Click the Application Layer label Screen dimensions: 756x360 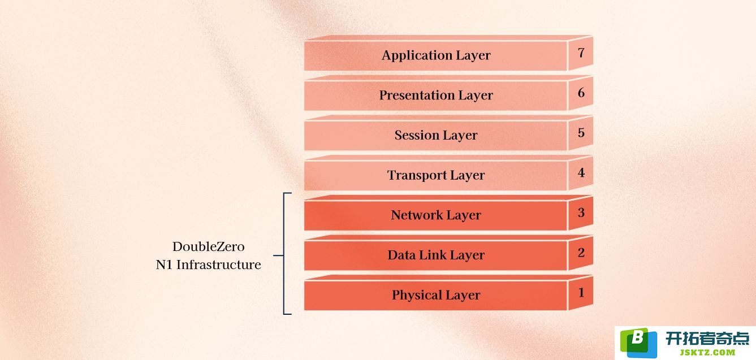(x=436, y=55)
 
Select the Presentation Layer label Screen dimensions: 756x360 (x=436, y=95)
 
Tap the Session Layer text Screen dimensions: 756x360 (x=436, y=135)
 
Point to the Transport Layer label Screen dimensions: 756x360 (x=436, y=175)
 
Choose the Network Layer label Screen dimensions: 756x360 (x=436, y=215)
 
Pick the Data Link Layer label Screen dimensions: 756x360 (x=436, y=255)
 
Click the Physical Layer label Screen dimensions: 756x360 (x=436, y=295)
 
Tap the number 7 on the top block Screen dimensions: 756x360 (x=581, y=53)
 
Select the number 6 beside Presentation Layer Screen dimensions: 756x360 (x=581, y=93)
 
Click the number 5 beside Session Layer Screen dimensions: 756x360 (x=581, y=133)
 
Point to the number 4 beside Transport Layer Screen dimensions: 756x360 (x=581, y=172)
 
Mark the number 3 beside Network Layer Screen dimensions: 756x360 (x=581, y=212)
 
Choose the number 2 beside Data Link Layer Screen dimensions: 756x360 (x=581, y=253)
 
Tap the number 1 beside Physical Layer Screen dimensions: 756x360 (x=581, y=293)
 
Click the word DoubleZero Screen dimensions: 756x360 (x=209, y=246)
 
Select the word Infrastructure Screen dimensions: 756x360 (x=219, y=265)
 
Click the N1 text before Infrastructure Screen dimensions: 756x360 (x=164, y=265)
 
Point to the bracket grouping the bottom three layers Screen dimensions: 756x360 (x=284, y=254)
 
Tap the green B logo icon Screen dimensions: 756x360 (x=638, y=343)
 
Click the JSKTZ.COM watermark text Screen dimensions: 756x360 (x=708, y=353)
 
